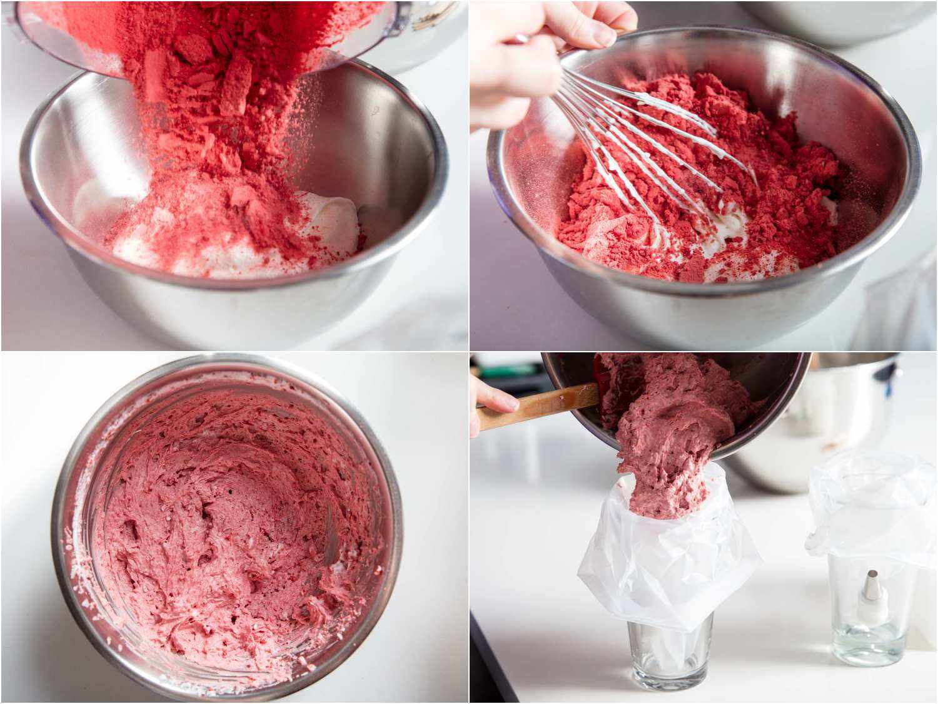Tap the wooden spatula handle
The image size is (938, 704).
(532, 407)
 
